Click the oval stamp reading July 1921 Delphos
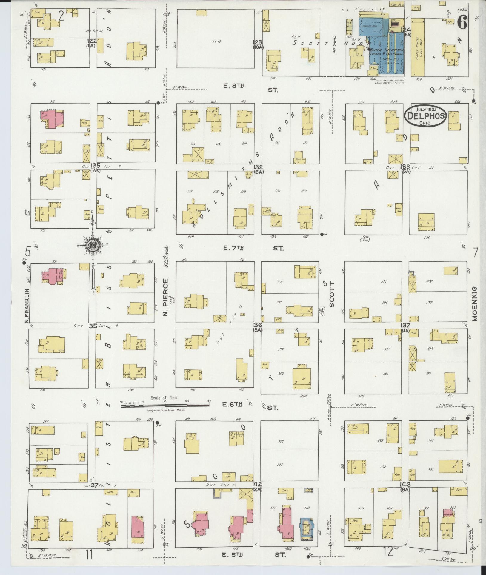click(425, 116)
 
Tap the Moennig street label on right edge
click(474, 304)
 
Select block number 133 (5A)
click(406, 168)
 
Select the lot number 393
click(385, 281)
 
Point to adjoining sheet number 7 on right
click(475, 252)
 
